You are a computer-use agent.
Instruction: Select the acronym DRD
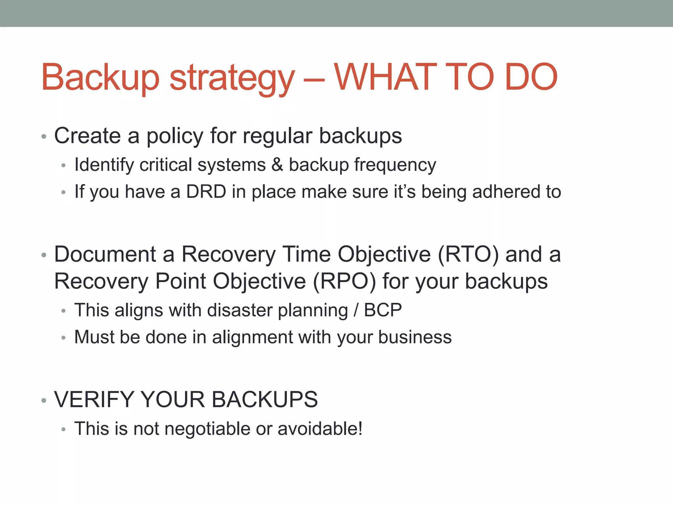[x=206, y=192]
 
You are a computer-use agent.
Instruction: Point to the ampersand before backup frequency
[x=277, y=165]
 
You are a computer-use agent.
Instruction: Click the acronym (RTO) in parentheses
[x=468, y=254]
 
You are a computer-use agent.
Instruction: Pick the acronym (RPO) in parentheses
[x=344, y=281]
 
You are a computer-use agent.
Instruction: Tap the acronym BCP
[x=383, y=310]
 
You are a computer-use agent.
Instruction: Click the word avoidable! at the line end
[x=320, y=429]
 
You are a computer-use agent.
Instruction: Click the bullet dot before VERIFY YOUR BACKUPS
[x=44, y=401]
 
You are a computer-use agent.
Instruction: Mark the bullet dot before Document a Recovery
[x=44, y=255]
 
